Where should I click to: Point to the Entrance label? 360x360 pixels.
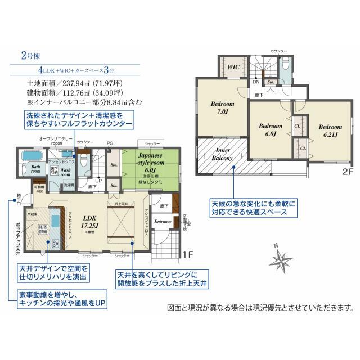tap(163, 222)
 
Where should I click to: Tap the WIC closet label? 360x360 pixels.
tap(233, 66)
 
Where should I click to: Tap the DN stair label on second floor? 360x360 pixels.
tap(255, 82)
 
